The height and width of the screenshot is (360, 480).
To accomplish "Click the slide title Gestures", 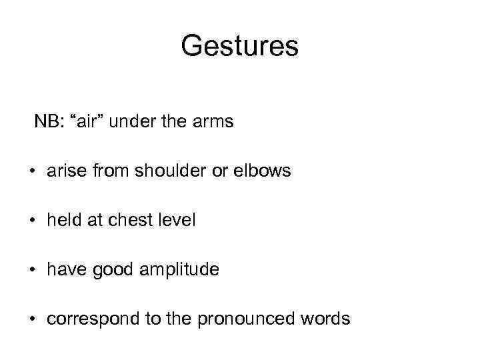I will [x=239, y=46].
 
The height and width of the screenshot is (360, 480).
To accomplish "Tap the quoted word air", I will [x=86, y=122].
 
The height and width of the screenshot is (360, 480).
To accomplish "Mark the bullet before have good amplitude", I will [x=31, y=271].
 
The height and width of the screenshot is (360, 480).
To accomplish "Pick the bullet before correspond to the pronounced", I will [x=31, y=320].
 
